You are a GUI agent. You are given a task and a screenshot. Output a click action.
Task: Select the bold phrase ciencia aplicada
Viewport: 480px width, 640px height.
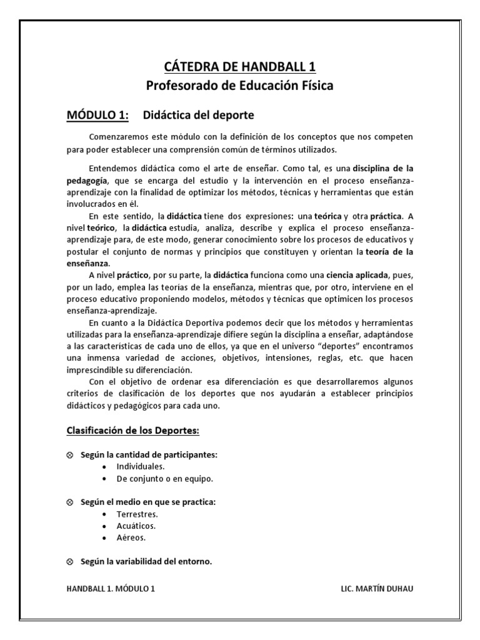(357, 275)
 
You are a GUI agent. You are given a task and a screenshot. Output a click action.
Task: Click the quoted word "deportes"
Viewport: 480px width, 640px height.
(318, 346)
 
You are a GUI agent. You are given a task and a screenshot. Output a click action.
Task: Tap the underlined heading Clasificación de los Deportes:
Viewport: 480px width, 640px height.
(133, 432)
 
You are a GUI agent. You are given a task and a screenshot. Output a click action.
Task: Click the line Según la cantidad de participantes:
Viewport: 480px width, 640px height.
(149, 455)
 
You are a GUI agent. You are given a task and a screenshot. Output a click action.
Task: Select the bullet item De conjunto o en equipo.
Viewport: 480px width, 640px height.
(164, 479)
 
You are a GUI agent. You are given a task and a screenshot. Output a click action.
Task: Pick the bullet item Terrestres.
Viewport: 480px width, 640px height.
(137, 514)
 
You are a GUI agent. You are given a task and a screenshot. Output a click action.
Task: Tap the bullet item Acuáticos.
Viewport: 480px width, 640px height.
(136, 526)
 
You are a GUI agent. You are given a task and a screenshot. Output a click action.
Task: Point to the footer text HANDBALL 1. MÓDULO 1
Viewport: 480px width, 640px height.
(110, 588)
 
